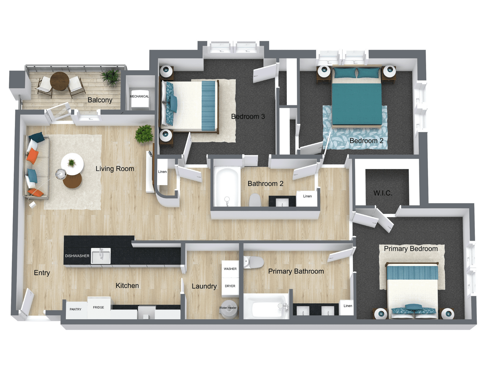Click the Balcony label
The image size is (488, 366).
pyautogui.click(x=100, y=100)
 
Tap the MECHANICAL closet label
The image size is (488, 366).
pyautogui.click(x=139, y=96)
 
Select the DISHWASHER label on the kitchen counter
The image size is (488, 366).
pyautogui.click(x=77, y=256)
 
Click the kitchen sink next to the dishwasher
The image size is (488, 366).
pyautogui.click(x=101, y=256)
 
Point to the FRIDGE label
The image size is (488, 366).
pyautogui.click(x=99, y=307)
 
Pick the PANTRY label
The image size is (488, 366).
pyautogui.click(x=76, y=309)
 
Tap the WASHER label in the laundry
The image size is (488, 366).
pyautogui.click(x=230, y=269)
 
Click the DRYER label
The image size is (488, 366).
pyautogui.click(x=230, y=286)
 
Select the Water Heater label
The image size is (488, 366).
pyautogui.click(x=228, y=308)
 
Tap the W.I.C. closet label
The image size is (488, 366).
pyautogui.click(x=383, y=193)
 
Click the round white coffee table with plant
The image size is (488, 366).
pyautogui.click(x=72, y=164)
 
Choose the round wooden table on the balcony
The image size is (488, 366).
pyautogui.click(x=59, y=81)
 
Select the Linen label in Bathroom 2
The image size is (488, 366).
pyautogui.click(x=307, y=196)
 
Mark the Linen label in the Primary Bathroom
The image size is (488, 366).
pyautogui.click(x=348, y=306)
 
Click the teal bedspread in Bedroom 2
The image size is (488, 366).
pyautogui.click(x=357, y=104)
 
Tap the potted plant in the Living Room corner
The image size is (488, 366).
pyautogui.click(x=144, y=134)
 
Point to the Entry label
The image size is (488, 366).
pyautogui.click(x=42, y=273)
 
